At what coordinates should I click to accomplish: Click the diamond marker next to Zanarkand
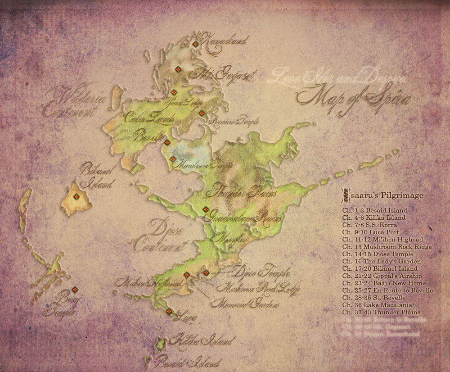coord(196,44)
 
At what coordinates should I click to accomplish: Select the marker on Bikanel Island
coord(76,196)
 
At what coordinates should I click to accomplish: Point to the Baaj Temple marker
coord(75,290)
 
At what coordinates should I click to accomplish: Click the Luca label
coord(187,318)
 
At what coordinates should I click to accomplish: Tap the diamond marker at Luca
coord(169,312)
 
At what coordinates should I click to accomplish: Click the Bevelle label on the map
coord(148,136)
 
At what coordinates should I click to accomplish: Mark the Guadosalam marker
coord(205,209)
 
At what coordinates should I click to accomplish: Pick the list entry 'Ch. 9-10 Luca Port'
coord(370,232)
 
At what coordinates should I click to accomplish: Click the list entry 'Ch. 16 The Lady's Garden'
coord(381,261)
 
